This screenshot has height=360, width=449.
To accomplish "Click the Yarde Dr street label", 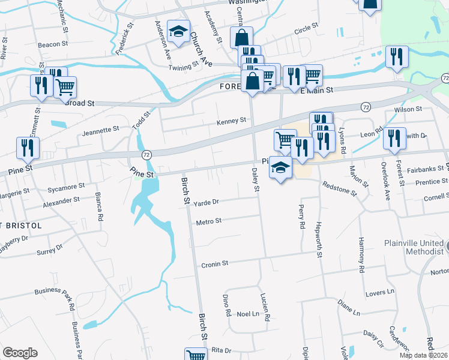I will coord(207,203).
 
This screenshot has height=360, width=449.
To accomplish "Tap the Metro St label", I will coord(209,221).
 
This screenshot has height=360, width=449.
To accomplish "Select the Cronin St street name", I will coord(214,263).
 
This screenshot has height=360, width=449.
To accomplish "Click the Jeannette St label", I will coord(101,130).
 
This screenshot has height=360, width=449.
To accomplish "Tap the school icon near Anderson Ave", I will coord(178,32).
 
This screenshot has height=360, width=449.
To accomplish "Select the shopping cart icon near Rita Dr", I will coord(196,354).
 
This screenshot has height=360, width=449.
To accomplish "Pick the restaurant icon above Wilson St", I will coord(397,57).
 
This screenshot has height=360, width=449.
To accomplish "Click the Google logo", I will coord(20,353).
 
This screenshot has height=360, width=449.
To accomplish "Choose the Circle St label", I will coord(306,28).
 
